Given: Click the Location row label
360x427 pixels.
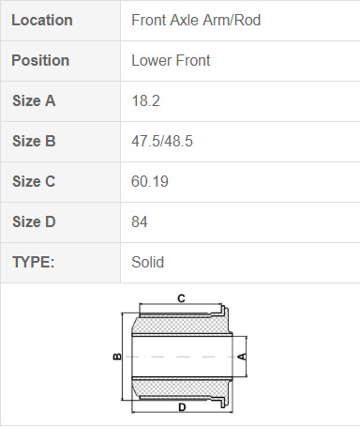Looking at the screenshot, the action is pos(42,21).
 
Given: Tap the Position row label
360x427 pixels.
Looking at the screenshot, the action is pos(40,60).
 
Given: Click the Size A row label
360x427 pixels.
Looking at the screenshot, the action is pos(34,100).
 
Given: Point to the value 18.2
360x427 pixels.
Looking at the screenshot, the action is pos(145,100).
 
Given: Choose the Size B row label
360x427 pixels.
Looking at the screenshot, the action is pos(34,141).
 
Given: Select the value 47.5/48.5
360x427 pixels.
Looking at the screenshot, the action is pos(162,141).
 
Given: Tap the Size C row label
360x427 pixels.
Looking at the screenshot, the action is pos(34,181).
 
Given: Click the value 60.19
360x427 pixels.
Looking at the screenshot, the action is pos(150,181).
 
